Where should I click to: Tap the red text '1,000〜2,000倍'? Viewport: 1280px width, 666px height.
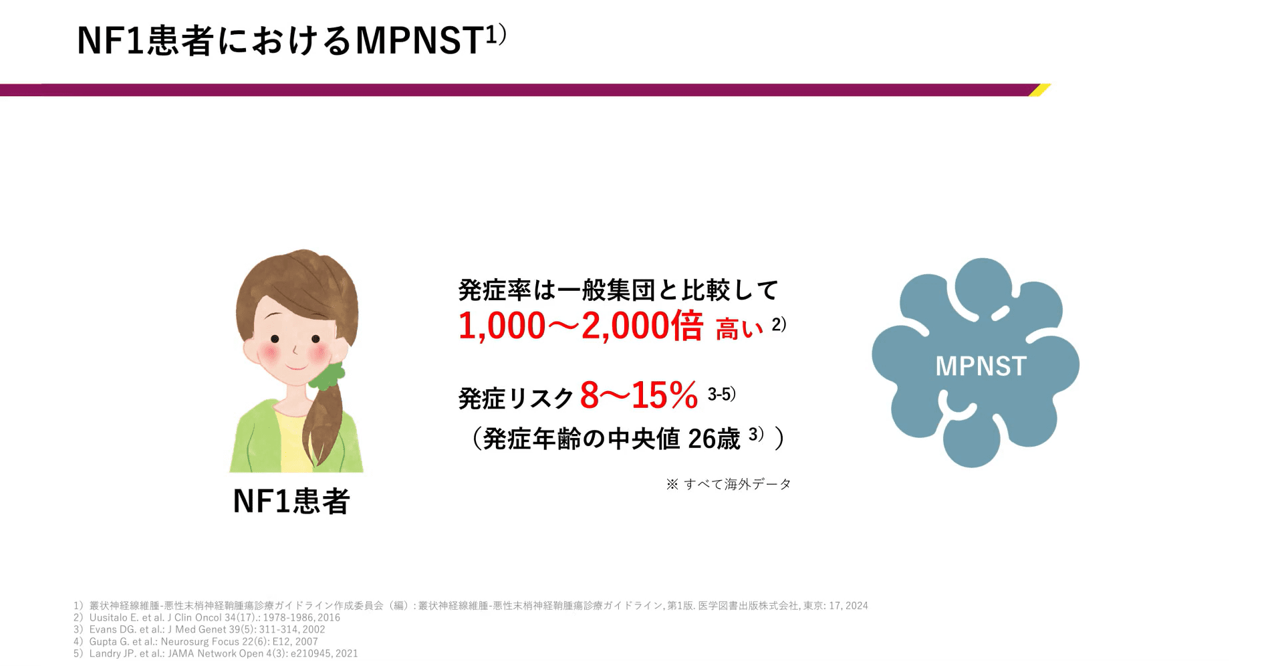(x=581, y=326)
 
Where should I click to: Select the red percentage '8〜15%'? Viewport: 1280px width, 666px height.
(x=639, y=395)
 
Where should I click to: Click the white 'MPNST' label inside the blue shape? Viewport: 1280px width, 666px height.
(x=981, y=366)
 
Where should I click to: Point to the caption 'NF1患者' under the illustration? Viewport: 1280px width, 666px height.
(x=291, y=501)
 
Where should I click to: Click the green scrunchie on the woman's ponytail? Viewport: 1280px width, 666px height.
(x=328, y=375)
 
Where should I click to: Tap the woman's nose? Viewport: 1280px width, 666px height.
(x=295, y=349)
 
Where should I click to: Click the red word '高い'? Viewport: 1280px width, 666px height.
(x=739, y=329)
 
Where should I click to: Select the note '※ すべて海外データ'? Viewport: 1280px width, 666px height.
(x=729, y=484)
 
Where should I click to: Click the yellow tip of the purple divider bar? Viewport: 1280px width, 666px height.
(x=1040, y=90)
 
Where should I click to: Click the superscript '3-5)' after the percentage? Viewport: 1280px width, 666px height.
(x=722, y=395)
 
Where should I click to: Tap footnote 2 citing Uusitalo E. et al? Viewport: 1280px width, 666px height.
(x=207, y=618)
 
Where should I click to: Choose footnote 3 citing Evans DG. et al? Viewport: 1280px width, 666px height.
(x=199, y=629)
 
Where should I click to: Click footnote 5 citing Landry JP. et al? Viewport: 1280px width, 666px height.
(x=215, y=653)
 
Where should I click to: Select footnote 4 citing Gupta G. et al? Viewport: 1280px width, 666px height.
(x=196, y=641)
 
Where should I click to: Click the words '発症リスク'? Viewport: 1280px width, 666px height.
(x=516, y=399)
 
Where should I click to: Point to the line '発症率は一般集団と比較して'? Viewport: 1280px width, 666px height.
(x=618, y=290)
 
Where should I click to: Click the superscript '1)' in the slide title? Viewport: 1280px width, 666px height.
(x=496, y=35)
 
